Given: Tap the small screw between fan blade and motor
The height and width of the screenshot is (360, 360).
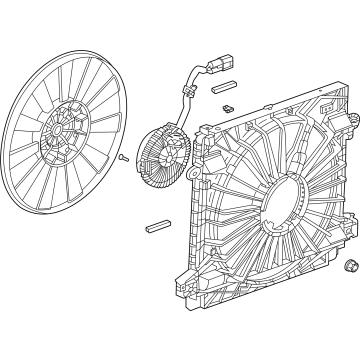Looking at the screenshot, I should click(x=122, y=185).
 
